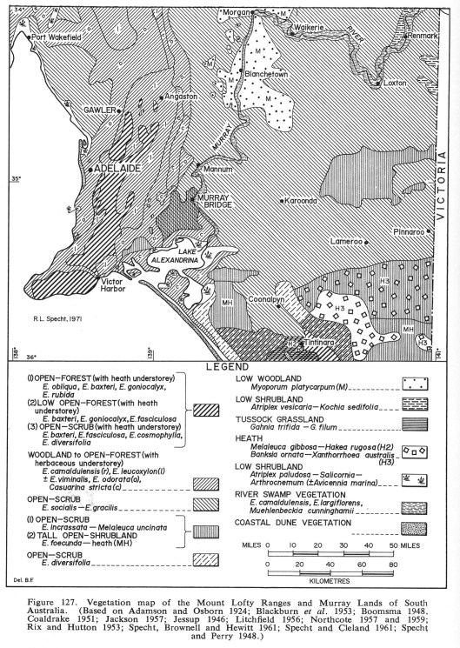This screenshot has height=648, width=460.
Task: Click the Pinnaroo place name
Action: (408, 233)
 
